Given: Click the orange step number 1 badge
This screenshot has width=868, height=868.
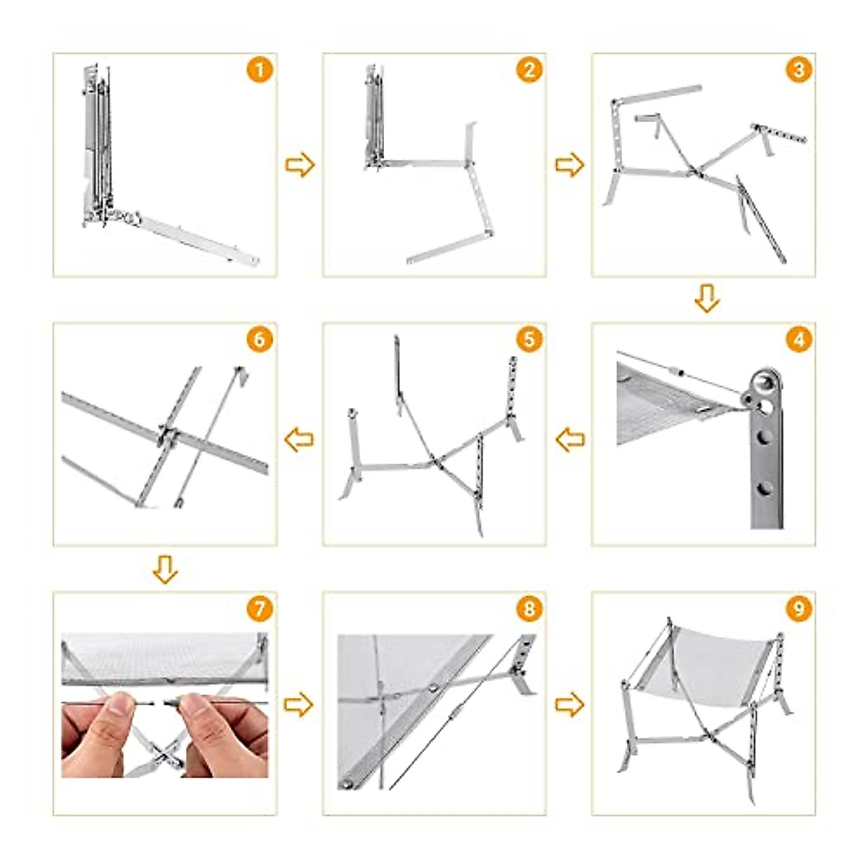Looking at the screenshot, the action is click(x=260, y=70).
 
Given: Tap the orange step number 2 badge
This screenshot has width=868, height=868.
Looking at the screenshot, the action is click(x=529, y=70).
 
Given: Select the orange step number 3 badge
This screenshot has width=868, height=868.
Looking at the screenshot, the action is click(x=799, y=70).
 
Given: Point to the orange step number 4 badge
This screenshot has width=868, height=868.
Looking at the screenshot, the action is click(x=799, y=339).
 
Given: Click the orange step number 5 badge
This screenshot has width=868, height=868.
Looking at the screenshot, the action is click(x=529, y=339).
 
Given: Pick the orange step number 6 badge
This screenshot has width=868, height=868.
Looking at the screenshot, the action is click(x=260, y=339).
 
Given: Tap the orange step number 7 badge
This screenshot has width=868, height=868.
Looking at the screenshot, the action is click(x=260, y=609).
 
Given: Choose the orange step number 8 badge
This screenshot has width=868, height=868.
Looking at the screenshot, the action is click(x=529, y=609).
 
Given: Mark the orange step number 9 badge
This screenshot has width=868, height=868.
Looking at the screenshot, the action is click(x=799, y=609).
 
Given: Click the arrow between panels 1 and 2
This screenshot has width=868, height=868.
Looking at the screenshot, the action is click(x=299, y=165).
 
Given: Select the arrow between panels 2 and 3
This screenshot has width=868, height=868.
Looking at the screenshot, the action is click(x=569, y=165).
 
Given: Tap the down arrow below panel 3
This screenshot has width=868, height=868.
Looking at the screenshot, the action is click(x=707, y=299).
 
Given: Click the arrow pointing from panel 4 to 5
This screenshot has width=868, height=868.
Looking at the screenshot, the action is click(x=570, y=440).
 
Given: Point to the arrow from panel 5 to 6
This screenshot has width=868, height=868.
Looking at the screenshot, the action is click(x=299, y=440).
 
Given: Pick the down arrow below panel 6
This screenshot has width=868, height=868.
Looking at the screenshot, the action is click(x=166, y=569).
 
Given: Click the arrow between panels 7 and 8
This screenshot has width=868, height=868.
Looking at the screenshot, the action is click(x=299, y=705).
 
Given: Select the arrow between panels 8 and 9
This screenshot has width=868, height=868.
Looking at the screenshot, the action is click(x=569, y=705).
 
